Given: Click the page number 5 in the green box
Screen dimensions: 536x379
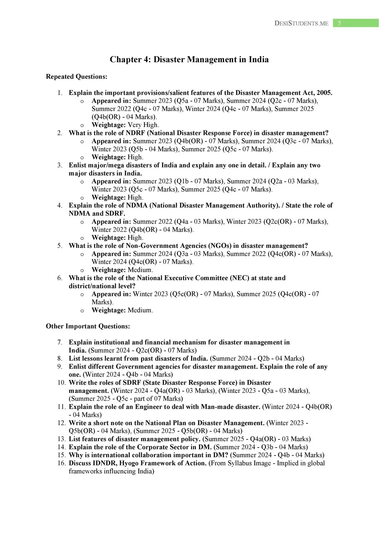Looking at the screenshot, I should (x=339, y=23).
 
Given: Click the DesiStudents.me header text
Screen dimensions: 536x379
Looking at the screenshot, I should (x=301, y=23).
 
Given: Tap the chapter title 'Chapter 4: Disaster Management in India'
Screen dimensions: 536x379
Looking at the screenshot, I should (x=189, y=59).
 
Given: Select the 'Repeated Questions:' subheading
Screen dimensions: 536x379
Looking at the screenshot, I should (x=76, y=77).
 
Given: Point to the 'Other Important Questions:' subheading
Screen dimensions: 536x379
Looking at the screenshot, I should (x=88, y=326).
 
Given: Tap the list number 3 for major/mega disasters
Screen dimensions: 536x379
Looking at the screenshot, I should (x=59, y=165).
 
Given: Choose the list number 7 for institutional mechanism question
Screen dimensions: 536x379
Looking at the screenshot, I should (x=59, y=343).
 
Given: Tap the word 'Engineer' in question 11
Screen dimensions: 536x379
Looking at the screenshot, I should (x=148, y=407).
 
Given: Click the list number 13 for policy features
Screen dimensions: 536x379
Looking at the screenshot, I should (x=61, y=439).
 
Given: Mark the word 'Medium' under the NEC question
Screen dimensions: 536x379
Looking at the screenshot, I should (x=140, y=310).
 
